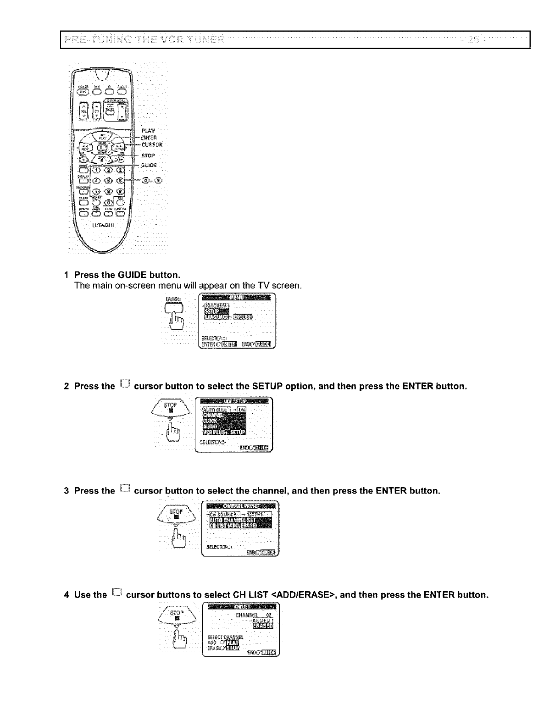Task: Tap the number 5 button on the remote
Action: point(109,180)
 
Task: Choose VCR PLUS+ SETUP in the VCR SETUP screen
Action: point(224,432)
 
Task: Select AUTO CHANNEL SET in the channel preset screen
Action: point(233,520)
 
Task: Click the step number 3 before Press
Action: point(67,491)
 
